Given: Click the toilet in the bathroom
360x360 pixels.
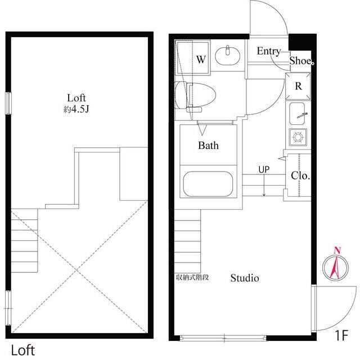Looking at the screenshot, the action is (x=195, y=95).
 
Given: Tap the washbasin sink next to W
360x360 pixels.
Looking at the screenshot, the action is (x=227, y=55).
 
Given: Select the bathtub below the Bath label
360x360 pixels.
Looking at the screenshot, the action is (x=208, y=184).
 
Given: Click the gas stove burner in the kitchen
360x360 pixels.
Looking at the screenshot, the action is (x=298, y=137).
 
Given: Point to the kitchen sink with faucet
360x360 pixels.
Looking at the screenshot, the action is (x=298, y=114).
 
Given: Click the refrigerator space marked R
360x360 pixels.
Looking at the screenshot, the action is (x=298, y=86).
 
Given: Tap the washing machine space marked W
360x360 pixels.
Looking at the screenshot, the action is (x=193, y=57).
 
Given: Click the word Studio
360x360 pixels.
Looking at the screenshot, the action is (x=245, y=278).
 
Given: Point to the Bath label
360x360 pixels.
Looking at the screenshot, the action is (x=208, y=146).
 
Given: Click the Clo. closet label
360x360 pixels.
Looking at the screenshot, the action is (x=300, y=176).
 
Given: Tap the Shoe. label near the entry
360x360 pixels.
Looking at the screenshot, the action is (x=301, y=61).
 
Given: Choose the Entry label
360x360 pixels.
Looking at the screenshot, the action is (x=269, y=51).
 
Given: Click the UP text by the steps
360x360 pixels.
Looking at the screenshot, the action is (x=264, y=170).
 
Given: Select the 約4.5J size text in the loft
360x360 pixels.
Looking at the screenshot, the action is (x=76, y=110).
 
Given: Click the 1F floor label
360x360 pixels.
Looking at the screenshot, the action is (x=342, y=335).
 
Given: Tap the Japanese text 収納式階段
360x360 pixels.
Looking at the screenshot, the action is (x=192, y=277).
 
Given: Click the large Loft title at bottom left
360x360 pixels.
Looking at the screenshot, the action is (x=23, y=350).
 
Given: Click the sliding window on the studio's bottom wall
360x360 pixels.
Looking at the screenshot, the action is (x=223, y=337).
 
